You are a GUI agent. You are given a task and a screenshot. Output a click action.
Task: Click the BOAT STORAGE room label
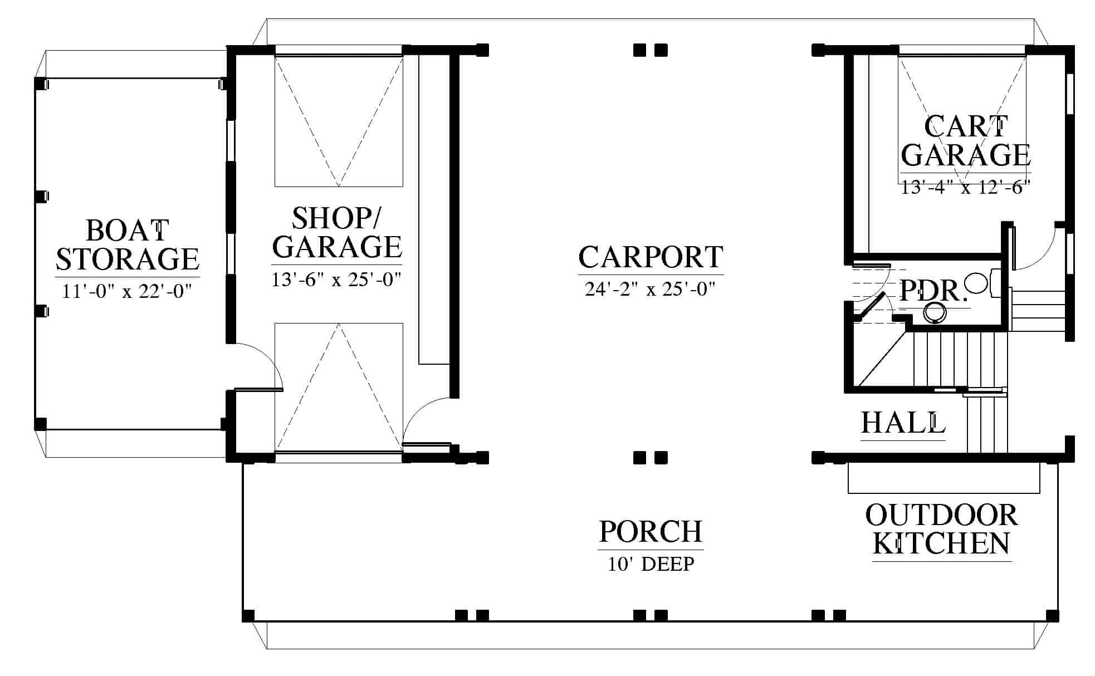coord(128,245)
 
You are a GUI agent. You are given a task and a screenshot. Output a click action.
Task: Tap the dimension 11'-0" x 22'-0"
coord(127,291)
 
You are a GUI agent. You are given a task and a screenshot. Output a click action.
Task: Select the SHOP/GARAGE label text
coord(337,233)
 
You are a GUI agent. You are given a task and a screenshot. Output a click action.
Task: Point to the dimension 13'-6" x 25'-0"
coord(336,278)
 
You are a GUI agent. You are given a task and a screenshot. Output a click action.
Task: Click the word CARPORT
coord(651,257)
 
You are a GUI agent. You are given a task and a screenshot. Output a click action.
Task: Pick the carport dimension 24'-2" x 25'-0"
coord(650,288)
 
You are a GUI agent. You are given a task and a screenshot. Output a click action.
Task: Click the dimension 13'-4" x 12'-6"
coord(966,187)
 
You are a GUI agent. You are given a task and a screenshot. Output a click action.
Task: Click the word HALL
coord(903,423)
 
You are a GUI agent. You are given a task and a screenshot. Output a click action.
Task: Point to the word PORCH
coord(651,532)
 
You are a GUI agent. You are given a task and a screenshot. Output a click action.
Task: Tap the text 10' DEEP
coord(651,564)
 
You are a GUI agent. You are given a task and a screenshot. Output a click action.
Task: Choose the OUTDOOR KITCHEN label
coord(941,529)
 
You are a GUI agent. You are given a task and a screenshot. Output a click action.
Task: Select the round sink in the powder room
coord(935,312)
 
